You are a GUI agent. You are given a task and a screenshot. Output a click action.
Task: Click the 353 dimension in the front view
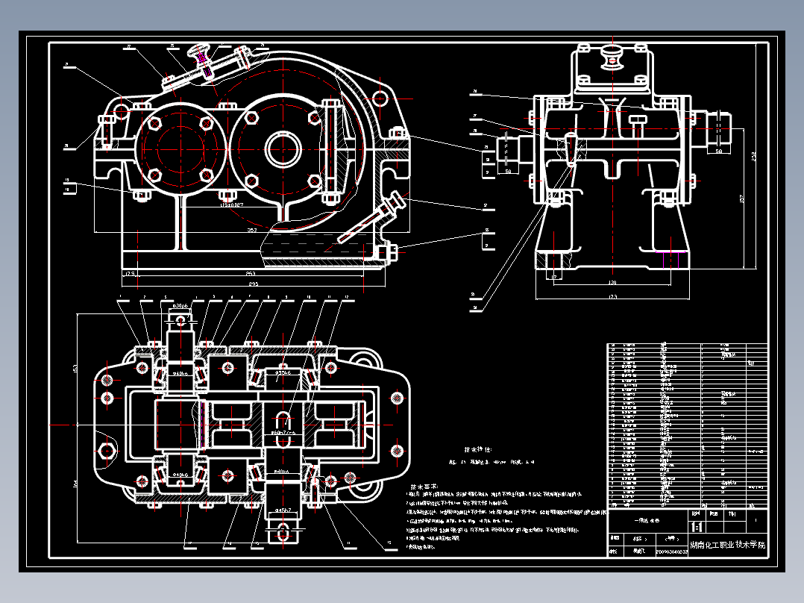(x=252, y=231)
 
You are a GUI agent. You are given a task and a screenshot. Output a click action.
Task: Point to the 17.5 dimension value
(x=130, y=274)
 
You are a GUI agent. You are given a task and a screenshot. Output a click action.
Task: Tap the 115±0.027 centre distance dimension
(x=231, y=202)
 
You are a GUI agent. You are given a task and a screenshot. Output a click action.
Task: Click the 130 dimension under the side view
(x=612, y=283)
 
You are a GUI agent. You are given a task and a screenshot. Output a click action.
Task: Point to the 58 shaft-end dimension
(x=718, y=151)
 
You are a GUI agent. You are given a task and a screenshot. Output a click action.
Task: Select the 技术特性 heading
(x=478, y=450)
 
